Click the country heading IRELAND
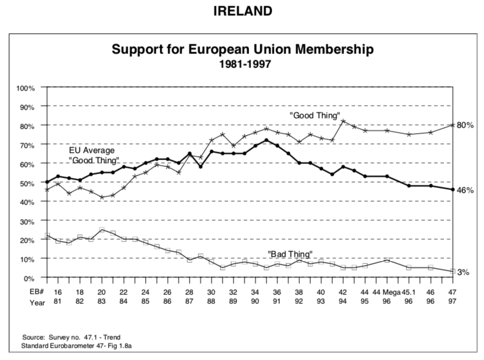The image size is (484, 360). click(x=242, y=11)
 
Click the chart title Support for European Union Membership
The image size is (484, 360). click(x=242, y=49)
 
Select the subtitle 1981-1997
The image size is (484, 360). click(x=242, y=64)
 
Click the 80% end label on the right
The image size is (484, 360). click(x=464, y=125)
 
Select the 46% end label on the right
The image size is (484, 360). click(x=464, y=190)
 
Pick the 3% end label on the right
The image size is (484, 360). click(x=463, y=272)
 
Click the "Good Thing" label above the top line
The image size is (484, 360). click(x=315, y=115)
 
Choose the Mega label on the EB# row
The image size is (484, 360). click(x=390, y=292)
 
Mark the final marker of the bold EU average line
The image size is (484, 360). click(x=453, y=189)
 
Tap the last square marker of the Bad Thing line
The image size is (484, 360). click(x=453, y=272)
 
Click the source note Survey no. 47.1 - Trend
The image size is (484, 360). click(x=71, y=337)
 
